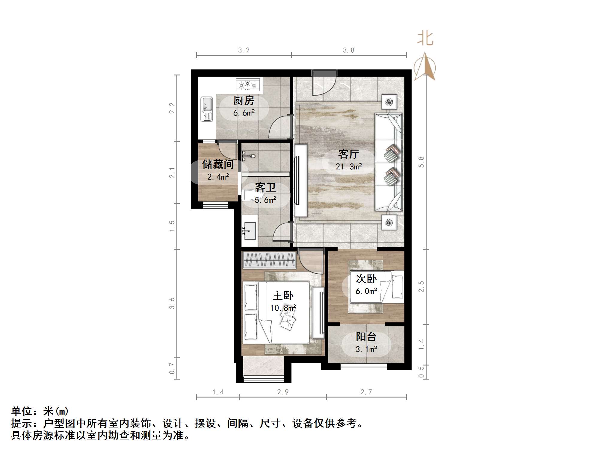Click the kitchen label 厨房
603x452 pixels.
click(244, 101)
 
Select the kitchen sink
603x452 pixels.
click(206, 109)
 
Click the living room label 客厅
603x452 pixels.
click(348, 154)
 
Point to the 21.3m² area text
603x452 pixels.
click(349, 167)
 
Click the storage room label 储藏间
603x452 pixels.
click(218, 164)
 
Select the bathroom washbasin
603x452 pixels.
click(250, 231)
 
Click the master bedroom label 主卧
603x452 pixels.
click(283, 296)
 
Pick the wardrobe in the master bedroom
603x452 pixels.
click(269, 260)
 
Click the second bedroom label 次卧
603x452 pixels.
click(366, 279)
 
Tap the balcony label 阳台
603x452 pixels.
click(366, 337)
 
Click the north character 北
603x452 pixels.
click(425, 39)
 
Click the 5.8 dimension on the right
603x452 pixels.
click(421, 162)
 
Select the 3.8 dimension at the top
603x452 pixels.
click(349, 50)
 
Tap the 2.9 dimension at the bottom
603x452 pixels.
click(283, 392)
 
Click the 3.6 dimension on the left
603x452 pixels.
click(172, 303)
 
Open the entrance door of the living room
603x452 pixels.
click(324, 84)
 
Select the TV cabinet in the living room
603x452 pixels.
click(301, 180)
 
